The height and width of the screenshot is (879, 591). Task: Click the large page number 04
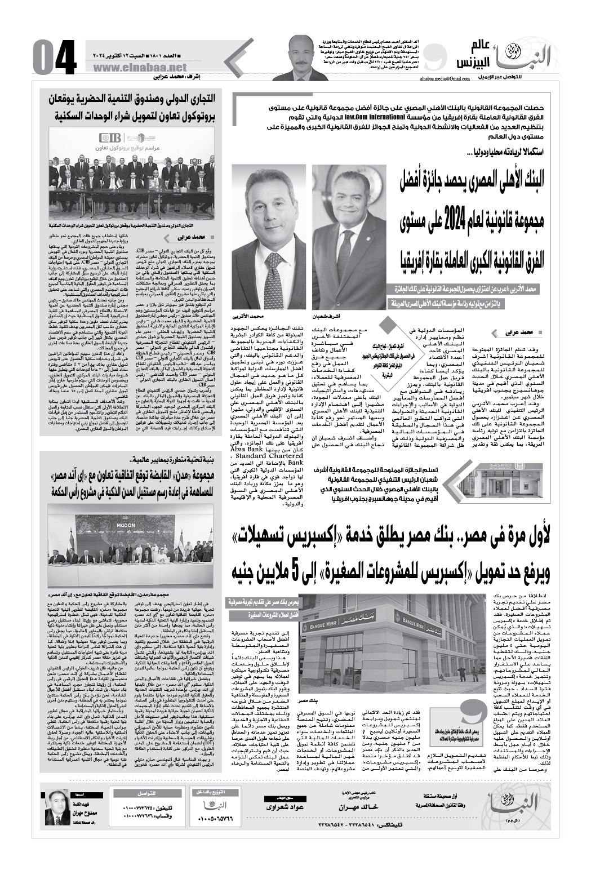pyautogui.click(x=54, y=57)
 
